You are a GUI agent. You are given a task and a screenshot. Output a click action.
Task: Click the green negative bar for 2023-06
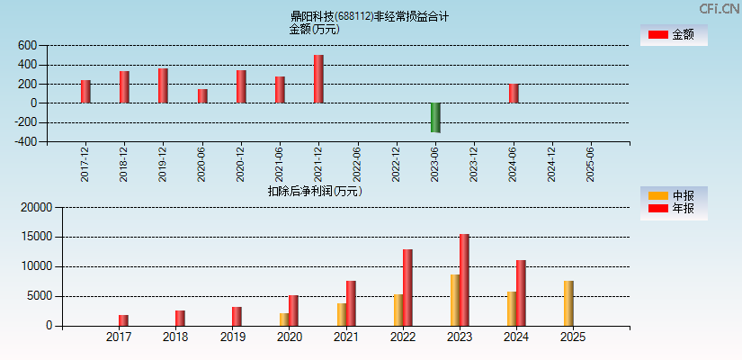[x=435, y=118]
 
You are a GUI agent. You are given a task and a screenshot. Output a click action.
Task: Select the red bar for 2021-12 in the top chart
[x=318, y=79]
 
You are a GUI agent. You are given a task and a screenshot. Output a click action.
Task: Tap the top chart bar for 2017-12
[x=85, y=92]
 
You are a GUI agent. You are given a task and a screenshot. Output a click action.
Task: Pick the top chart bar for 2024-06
[x=514, y=94]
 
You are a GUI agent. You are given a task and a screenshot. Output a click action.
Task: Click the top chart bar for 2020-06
[x=202, y=96]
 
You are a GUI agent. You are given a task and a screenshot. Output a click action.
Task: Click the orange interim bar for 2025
[x=568, y=303]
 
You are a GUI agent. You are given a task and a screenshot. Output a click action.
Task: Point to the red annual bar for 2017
[x=123, y=320]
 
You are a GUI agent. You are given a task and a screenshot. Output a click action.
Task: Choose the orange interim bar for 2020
[x=284, y=319]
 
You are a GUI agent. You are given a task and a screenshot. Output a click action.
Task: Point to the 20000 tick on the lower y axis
[x=36, y=208]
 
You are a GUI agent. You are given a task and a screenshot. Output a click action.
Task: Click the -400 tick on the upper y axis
[x=26, y=141]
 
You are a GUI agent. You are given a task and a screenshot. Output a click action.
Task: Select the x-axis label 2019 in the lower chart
[x=232, y=337]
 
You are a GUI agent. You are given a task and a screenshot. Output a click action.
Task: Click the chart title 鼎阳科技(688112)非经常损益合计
[x=370, y=16]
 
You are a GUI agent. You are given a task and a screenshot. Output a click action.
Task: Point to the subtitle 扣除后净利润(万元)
[x=315, y=191]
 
